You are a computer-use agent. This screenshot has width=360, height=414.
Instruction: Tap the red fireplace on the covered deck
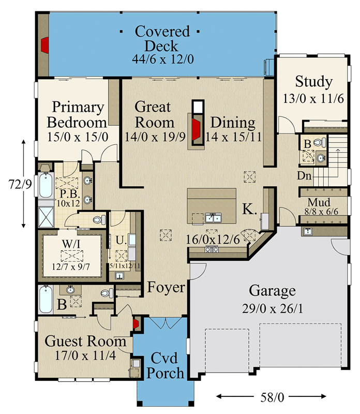(x=45, y=45)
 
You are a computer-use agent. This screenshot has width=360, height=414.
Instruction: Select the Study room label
(x=313, y=82)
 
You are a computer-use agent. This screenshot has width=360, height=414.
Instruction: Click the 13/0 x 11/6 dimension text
(x=313, y=98)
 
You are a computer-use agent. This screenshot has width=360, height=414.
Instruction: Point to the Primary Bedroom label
(x=79, y=115)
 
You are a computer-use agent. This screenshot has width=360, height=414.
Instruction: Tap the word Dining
(x=233, y=123)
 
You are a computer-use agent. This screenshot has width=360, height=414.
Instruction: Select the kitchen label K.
(x=249, y=209)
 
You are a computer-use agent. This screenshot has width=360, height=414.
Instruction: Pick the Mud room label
(x=319, y=202)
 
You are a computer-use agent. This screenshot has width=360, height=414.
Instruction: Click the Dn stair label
(x=304, y=176)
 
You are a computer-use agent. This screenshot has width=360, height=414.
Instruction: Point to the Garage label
(x=272, y=290)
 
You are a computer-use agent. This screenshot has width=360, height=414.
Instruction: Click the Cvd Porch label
(x=167, y=365)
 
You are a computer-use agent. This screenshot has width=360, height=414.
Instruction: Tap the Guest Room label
(x=85, y=342)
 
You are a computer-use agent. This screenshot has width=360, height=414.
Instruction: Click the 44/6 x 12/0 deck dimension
(x=162, y=59)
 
